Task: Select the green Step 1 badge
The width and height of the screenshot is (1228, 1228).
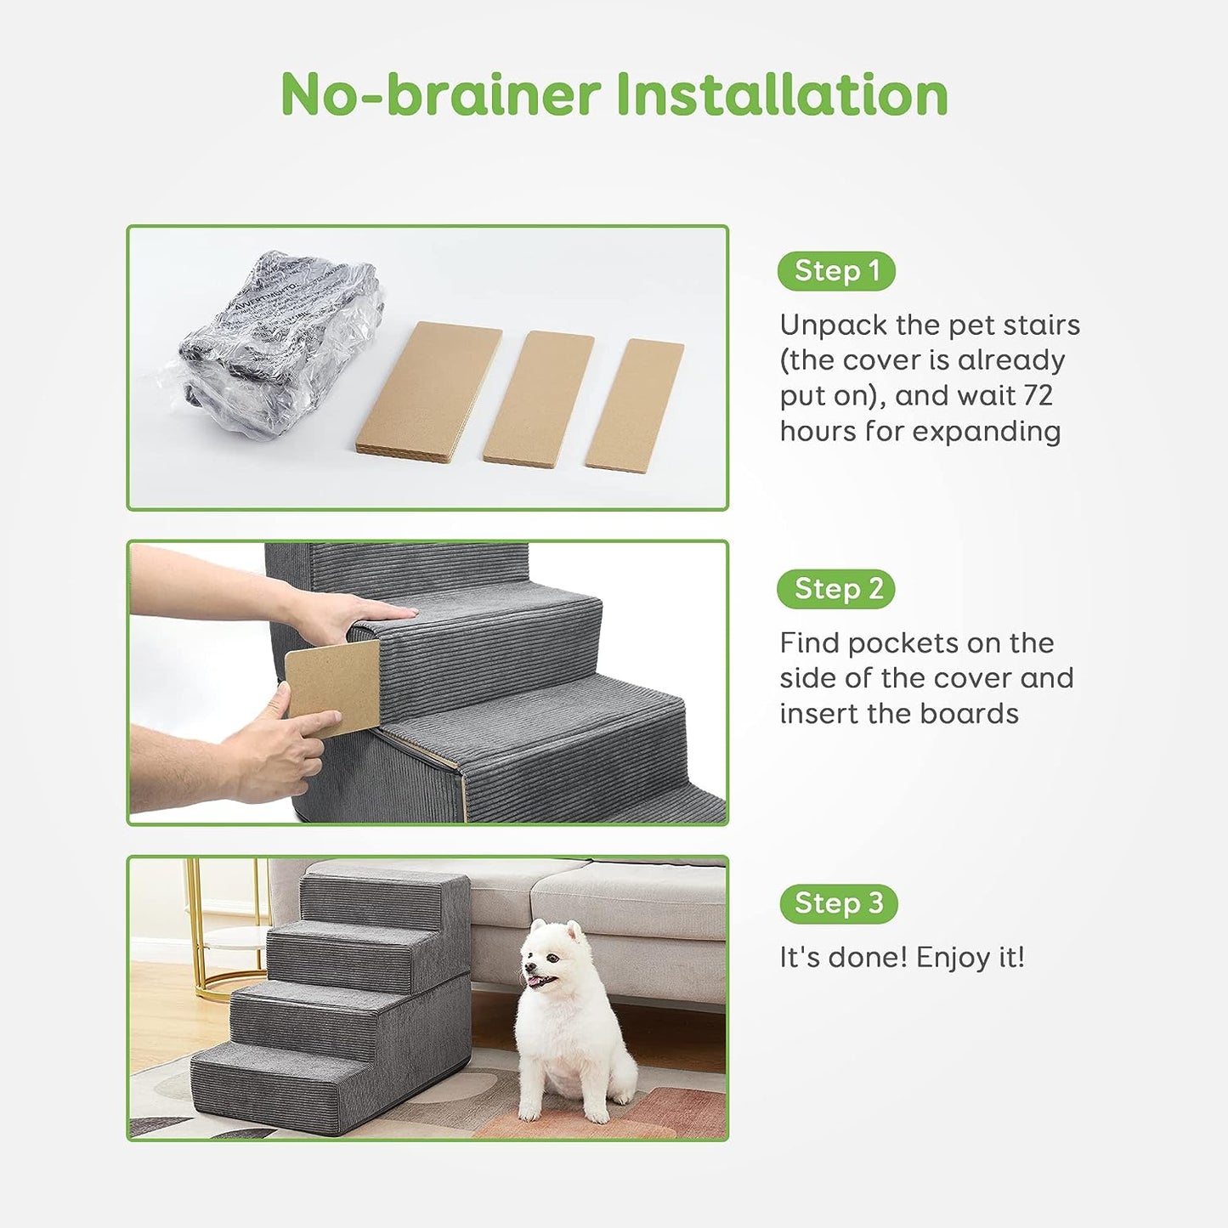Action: (836, 271)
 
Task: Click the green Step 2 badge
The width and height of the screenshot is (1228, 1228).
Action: (836, 589)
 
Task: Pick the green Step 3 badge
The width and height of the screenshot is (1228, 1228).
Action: (838, 903)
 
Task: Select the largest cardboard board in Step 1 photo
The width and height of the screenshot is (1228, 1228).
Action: (428, 389)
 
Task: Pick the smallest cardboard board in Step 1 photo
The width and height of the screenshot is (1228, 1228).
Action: (634, 405)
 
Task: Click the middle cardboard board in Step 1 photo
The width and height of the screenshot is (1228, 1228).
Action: (538, 397)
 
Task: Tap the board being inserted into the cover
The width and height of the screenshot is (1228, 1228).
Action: (332, 686)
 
